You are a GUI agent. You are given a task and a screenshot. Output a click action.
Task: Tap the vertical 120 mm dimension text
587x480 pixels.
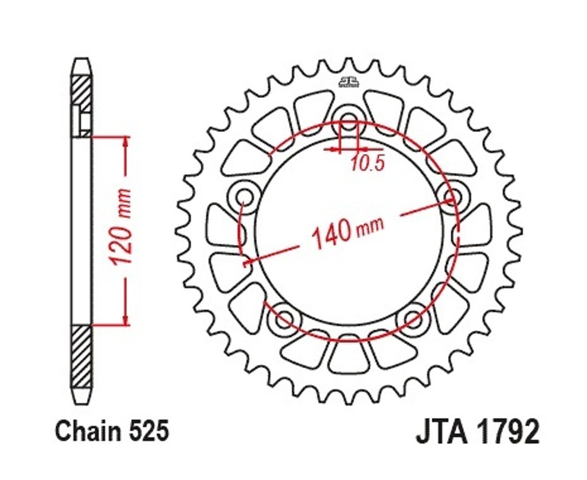coord(122,227)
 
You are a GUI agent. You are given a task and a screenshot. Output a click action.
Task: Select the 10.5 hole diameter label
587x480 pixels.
coord(368,163)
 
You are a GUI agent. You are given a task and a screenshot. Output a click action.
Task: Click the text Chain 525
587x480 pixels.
coord(112,430)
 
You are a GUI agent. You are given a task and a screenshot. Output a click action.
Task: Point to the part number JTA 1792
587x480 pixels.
coord(478,431)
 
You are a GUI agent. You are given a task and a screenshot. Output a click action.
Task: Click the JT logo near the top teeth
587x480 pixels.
coord(349,82)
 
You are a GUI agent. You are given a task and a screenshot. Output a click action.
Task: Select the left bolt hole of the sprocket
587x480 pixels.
coord(245,196)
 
